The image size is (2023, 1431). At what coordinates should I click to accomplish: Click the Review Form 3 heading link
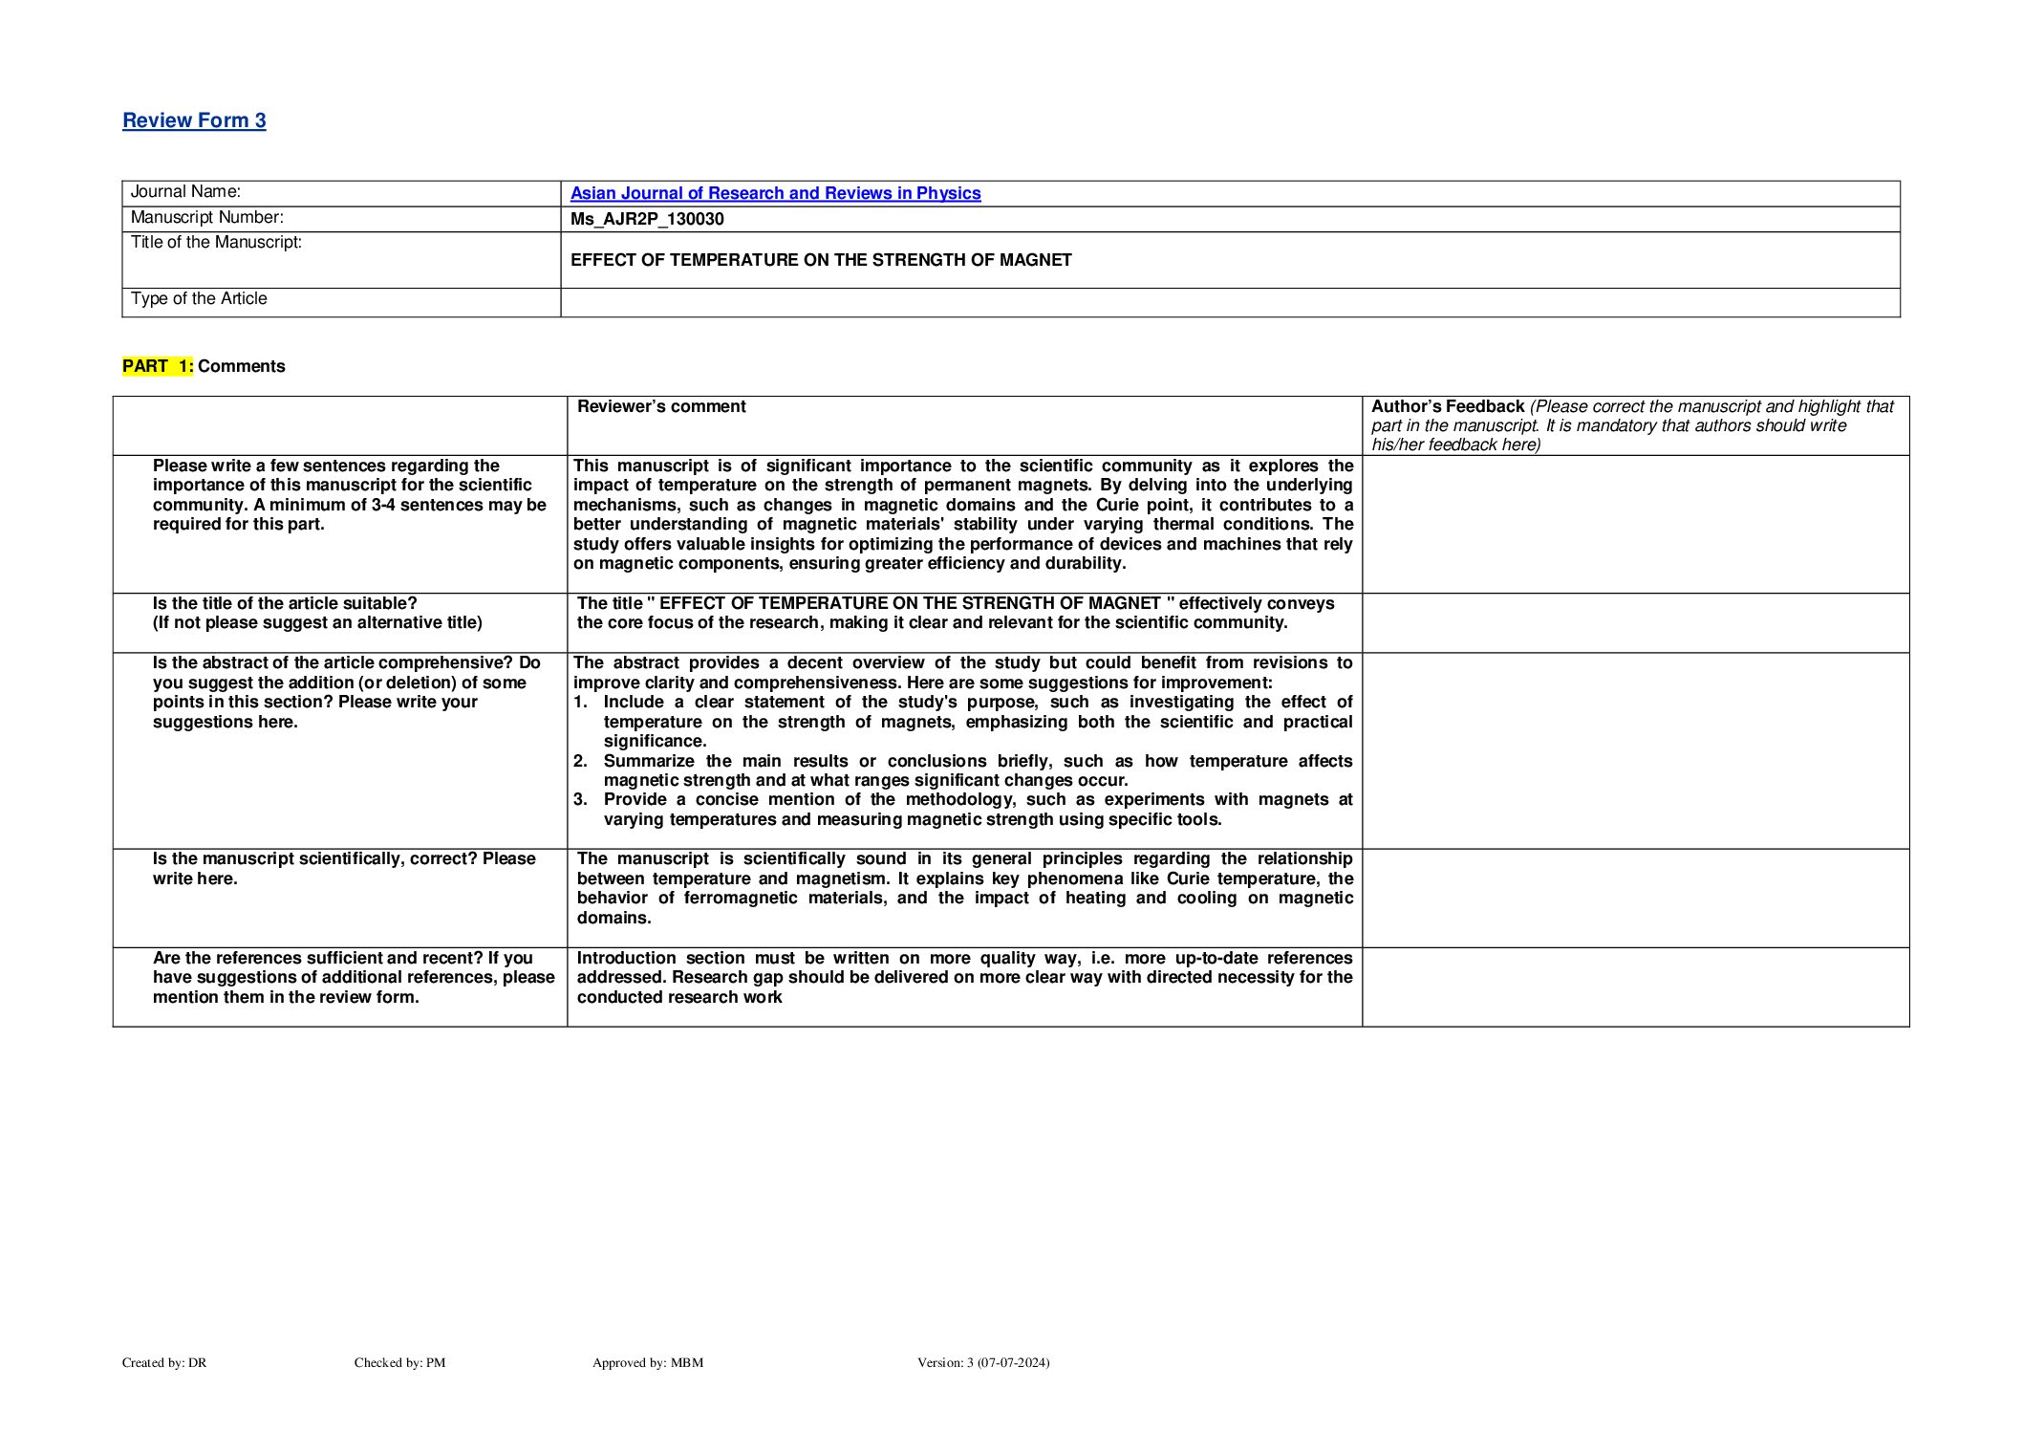[x=194, y=120]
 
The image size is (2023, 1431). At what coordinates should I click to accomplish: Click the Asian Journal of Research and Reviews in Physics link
[x=775, y=193]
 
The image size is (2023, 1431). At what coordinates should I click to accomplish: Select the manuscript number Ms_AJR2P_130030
[x=647, y=219]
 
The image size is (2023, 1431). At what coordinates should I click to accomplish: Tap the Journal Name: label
[x=185, y=192]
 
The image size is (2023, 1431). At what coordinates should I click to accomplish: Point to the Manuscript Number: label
[x=206, y=218]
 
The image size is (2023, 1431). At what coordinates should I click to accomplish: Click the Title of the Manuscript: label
[x=216, y=243]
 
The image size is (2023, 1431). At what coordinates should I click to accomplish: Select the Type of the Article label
[x=199, y=299]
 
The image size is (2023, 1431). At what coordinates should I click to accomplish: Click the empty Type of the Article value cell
[x=1229, y=302]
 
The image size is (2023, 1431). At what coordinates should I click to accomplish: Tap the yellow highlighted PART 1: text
[x=158, y=366]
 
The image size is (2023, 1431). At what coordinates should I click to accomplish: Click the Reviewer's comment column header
[x=661, y=406]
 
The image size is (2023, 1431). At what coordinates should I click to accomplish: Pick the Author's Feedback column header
[x=1447, y=407]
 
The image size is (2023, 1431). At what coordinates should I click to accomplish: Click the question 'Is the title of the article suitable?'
[x=285, y=603]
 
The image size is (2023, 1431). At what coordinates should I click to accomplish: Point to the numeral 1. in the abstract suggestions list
[x=580, y=703]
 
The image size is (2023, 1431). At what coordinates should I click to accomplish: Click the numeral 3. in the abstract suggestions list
[x=580, y=800]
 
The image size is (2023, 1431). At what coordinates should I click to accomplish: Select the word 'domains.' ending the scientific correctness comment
[x=613, y=919]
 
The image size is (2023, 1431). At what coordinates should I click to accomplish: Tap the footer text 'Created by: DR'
[x=164, y=1363]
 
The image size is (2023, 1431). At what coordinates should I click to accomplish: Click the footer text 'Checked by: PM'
[x=399, y=1363]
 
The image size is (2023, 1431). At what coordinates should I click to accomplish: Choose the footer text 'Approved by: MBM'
[x=647, y=1363]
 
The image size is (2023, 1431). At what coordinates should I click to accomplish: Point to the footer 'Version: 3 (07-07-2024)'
[x=982, y=1363]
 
